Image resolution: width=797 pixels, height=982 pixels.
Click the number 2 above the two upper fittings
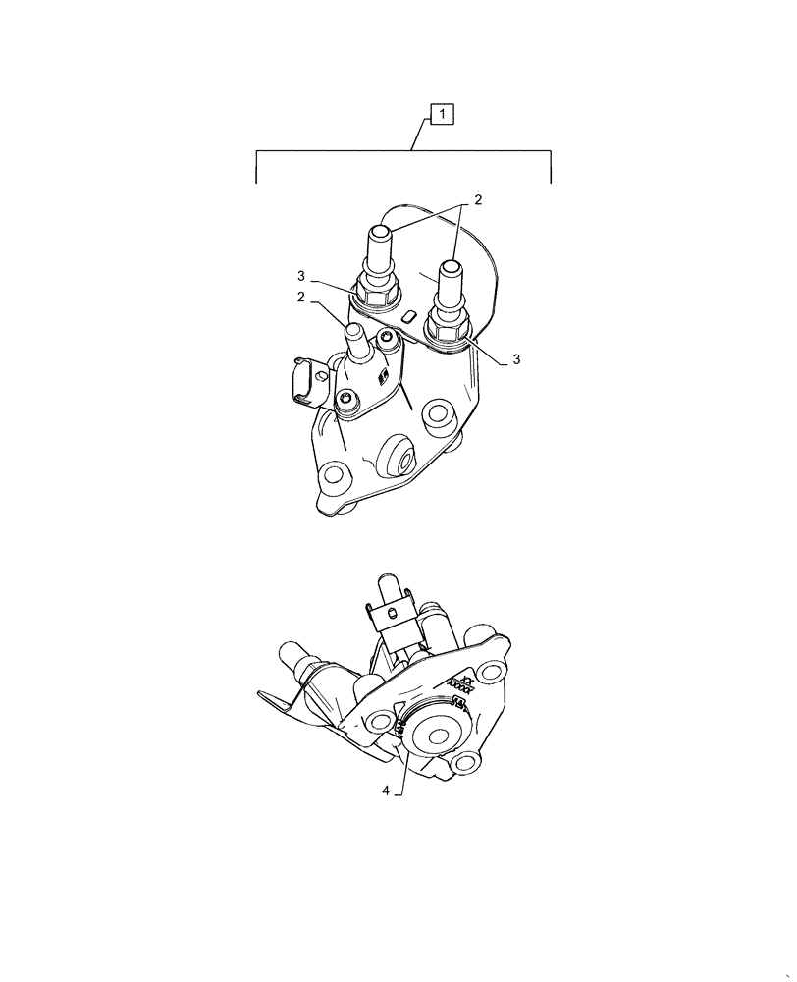coord(478,200)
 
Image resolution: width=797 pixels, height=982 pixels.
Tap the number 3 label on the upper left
coord(303,276)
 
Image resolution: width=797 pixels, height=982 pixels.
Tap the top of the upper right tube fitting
coord(452,266)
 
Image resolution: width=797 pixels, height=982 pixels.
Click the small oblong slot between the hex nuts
coord(409,315)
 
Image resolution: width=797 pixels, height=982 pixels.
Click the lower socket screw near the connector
coord(346,399)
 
